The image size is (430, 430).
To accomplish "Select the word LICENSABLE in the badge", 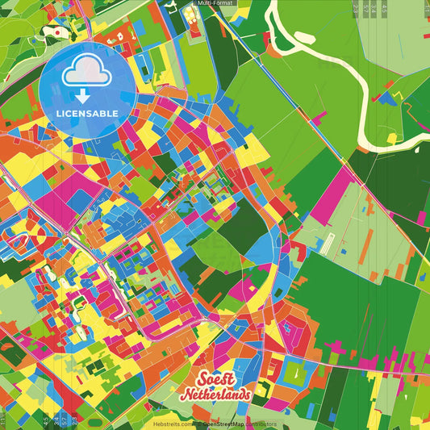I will pos(86,113).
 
